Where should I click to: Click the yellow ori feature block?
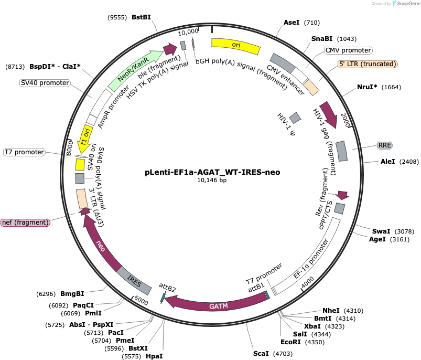[236, 45]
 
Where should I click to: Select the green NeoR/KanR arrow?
[134, 70]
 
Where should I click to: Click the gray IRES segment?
[134, 281]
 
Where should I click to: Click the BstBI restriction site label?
[141, 17]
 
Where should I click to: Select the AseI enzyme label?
[292, 22]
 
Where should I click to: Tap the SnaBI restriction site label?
[322, 39]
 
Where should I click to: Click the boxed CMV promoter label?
[348, 50]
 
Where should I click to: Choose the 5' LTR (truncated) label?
[368, 64]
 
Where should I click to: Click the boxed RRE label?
[384, 145]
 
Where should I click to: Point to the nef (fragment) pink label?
[25, 223]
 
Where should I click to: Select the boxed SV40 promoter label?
[45, 83]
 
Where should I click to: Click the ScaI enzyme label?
[261, 353]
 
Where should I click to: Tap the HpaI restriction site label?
[154, 356]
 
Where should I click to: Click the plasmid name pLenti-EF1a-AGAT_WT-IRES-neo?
[212, 172]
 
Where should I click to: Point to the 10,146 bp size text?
[212, 181]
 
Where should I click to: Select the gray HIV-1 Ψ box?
[295, 118]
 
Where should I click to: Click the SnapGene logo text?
[408, 4]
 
